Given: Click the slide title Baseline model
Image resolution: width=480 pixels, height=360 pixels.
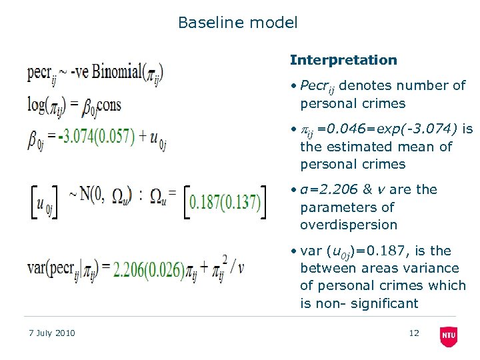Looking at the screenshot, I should coord(237,23).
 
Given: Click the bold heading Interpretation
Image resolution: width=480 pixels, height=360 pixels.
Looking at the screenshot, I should coord(343,60).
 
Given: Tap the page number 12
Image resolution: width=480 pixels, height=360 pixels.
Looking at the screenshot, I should coord(414,333).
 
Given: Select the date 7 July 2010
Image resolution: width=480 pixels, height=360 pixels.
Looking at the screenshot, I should coord(52,333).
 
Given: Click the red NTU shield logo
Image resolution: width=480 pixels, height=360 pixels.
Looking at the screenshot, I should coord(449,336).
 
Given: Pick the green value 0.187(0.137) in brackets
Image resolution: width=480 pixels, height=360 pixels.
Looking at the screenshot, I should coord(225,203).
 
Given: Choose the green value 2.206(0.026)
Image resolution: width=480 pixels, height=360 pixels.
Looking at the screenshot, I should coord(149,269).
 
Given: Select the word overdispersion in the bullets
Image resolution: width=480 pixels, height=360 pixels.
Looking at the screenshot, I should coord(349,225).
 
